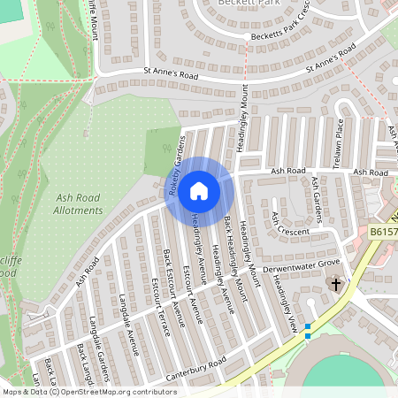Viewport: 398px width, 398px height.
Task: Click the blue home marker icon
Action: pos(199,190)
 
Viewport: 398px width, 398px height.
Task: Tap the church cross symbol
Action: pos(335,285)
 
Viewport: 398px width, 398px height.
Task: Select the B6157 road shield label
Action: pos(383,232)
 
